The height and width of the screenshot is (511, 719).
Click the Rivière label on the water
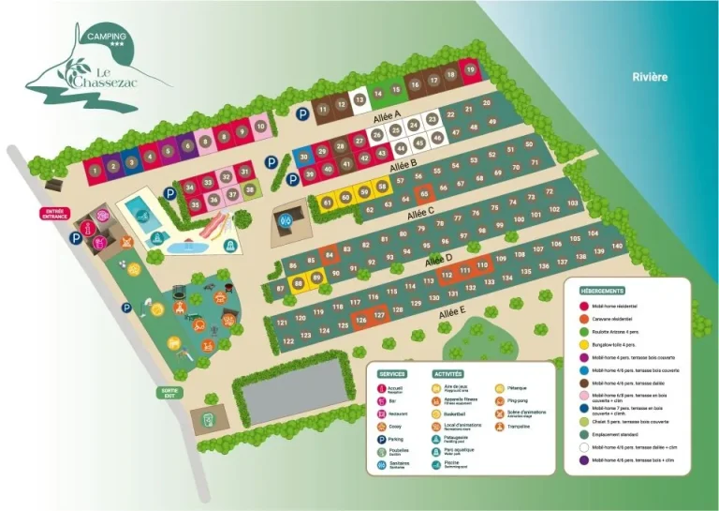(x=650, y=77)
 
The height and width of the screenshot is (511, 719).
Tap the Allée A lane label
(x=386, y=117)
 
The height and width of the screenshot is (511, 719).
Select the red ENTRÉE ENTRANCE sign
(x=53, y=214)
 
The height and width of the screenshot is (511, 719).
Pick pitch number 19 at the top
(x=470, y=69)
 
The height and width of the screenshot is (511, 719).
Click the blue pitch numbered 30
(x=303, y=158)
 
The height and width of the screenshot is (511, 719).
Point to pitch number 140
(x=615, y=246)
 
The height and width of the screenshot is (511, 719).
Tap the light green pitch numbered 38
(x=251, y=189)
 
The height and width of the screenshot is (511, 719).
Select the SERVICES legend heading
(x=393, y=373)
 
